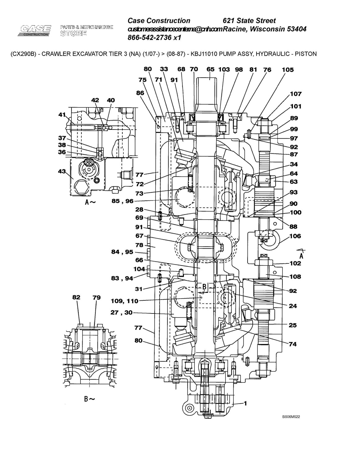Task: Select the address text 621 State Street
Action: (x=249, y=21)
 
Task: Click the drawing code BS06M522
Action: (x=291, y=417)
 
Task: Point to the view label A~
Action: (x=90, y=202)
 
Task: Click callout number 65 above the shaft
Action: (x=210, y=69)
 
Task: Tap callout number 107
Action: (x=296, y=94)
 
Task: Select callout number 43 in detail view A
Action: (x=62, y=171)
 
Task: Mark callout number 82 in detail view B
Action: (x=76, y=297)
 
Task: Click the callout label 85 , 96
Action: (x=122, y=201)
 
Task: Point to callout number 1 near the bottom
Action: (x=245, y=404)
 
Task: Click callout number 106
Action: (x=295, y=236)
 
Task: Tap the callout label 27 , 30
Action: (x=121, y=313)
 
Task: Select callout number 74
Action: (x=293, y=344)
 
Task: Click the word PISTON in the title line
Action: (x=306, y=54)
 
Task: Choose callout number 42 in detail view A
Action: (x=95, y=100)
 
